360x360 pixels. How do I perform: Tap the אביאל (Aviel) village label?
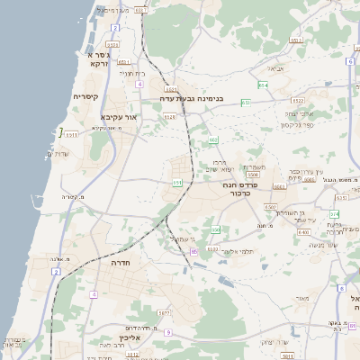pos(276,67)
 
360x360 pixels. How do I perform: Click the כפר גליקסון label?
pos(296,125)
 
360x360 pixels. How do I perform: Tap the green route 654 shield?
pos(263,85)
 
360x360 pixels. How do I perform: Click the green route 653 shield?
pos(245,103)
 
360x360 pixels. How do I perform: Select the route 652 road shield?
pos(213,140)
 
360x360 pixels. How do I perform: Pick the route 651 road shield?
pos(177,183)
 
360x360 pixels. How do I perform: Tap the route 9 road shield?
pos(167,332)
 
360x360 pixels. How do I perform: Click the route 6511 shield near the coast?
pos(71,135)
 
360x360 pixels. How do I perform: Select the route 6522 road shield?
pos(298,101)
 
